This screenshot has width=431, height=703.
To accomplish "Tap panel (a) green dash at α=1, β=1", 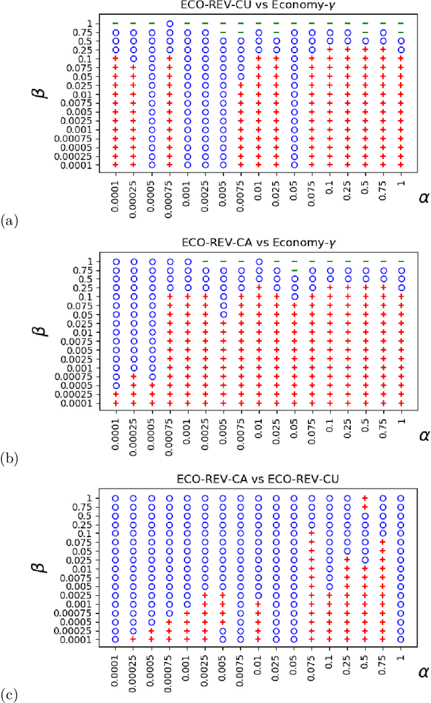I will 401,24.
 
